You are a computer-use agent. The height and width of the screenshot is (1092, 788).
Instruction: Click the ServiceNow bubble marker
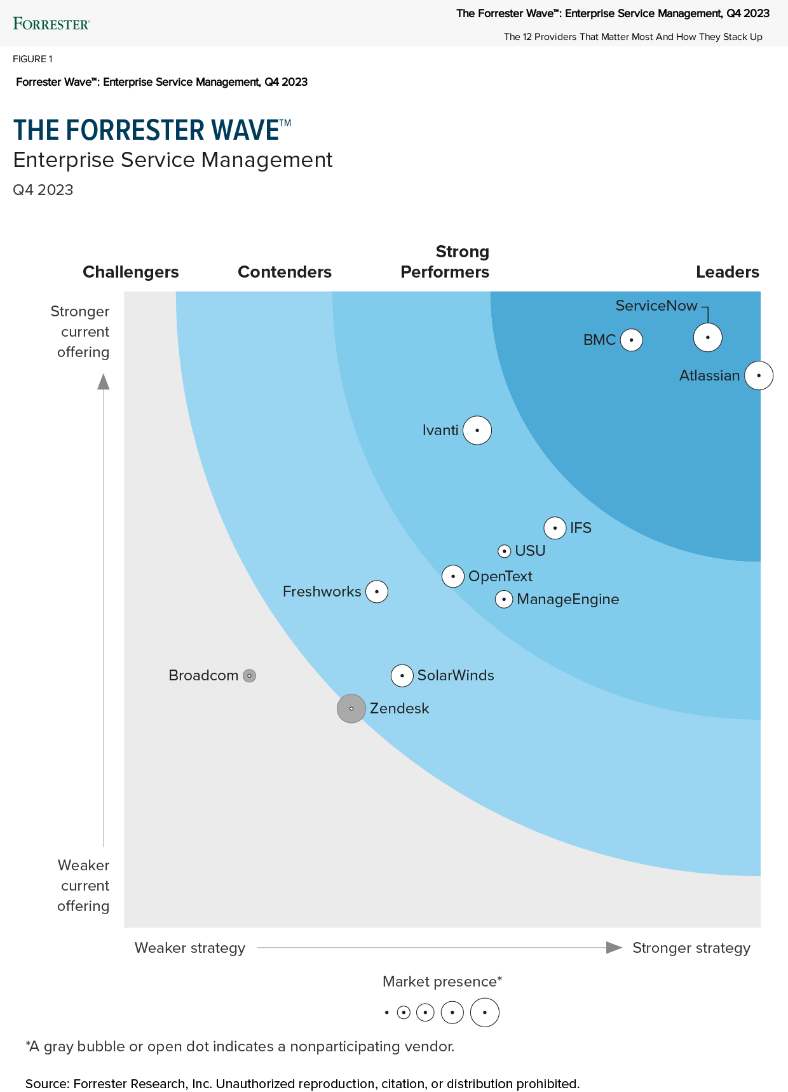(707, 337)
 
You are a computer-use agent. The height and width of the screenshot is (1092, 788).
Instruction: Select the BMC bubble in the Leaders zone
(631, 340)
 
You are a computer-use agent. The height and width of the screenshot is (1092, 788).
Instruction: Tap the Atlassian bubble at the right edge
(759, 375)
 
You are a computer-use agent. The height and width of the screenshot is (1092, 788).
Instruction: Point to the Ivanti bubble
(477, 431)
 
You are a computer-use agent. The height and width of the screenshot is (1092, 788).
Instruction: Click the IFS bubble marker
(555, 528)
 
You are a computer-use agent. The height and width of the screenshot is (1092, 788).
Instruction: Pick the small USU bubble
(505, 551)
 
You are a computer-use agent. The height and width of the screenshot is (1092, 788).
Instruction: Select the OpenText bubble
(453, 576)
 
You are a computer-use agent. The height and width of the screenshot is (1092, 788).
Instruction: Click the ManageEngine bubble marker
(504, 599)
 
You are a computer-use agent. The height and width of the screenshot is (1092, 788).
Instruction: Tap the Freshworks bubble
(377, 591)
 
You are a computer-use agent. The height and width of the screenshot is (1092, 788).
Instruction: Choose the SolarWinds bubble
(402, 675)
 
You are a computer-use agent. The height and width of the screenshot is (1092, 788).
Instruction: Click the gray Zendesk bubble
(351, 708)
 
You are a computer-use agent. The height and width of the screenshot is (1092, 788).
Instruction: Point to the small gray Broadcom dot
(250, 676)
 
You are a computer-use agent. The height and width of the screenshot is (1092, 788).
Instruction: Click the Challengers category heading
(131, 272)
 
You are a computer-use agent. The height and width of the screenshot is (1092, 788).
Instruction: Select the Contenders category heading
(285, 272)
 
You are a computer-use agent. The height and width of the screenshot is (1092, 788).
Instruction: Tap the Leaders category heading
(727, 272)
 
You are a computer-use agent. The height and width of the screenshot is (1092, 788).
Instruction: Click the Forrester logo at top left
(51, 24)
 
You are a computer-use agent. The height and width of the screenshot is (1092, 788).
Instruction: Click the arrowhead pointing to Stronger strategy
(614, 948)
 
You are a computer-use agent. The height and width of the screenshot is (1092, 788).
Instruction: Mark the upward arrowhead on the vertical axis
(104, 381)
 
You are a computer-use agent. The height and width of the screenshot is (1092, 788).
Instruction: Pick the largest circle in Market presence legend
(485, 1013)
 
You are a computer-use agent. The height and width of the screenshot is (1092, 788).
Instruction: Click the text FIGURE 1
(32, 59)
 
